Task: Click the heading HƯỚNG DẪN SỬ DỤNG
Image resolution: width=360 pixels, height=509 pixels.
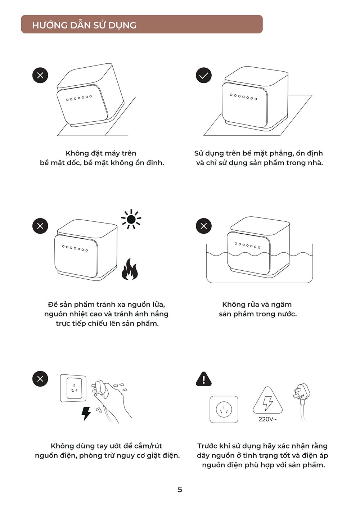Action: (84, 25)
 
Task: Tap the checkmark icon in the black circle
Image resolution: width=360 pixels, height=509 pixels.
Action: (204, 76)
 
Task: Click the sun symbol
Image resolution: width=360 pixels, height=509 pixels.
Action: (131, 220)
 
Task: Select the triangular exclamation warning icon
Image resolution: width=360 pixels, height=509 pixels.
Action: (204, 379)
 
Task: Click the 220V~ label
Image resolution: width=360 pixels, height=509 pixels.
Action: (267, 419)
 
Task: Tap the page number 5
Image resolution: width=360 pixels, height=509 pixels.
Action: (180, 490)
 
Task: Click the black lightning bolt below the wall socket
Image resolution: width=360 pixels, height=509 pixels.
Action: (86, 414)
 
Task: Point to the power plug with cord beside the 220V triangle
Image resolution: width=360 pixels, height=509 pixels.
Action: (302, 402)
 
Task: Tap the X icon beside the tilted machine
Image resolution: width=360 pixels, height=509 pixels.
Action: (40, 76)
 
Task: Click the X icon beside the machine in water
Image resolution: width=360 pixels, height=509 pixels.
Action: (204, 226)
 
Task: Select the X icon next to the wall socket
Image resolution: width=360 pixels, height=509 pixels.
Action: (40, 379)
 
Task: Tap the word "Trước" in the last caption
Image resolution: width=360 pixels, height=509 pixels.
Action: (207, 446)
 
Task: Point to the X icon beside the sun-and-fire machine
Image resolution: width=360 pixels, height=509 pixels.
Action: (40, 226)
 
